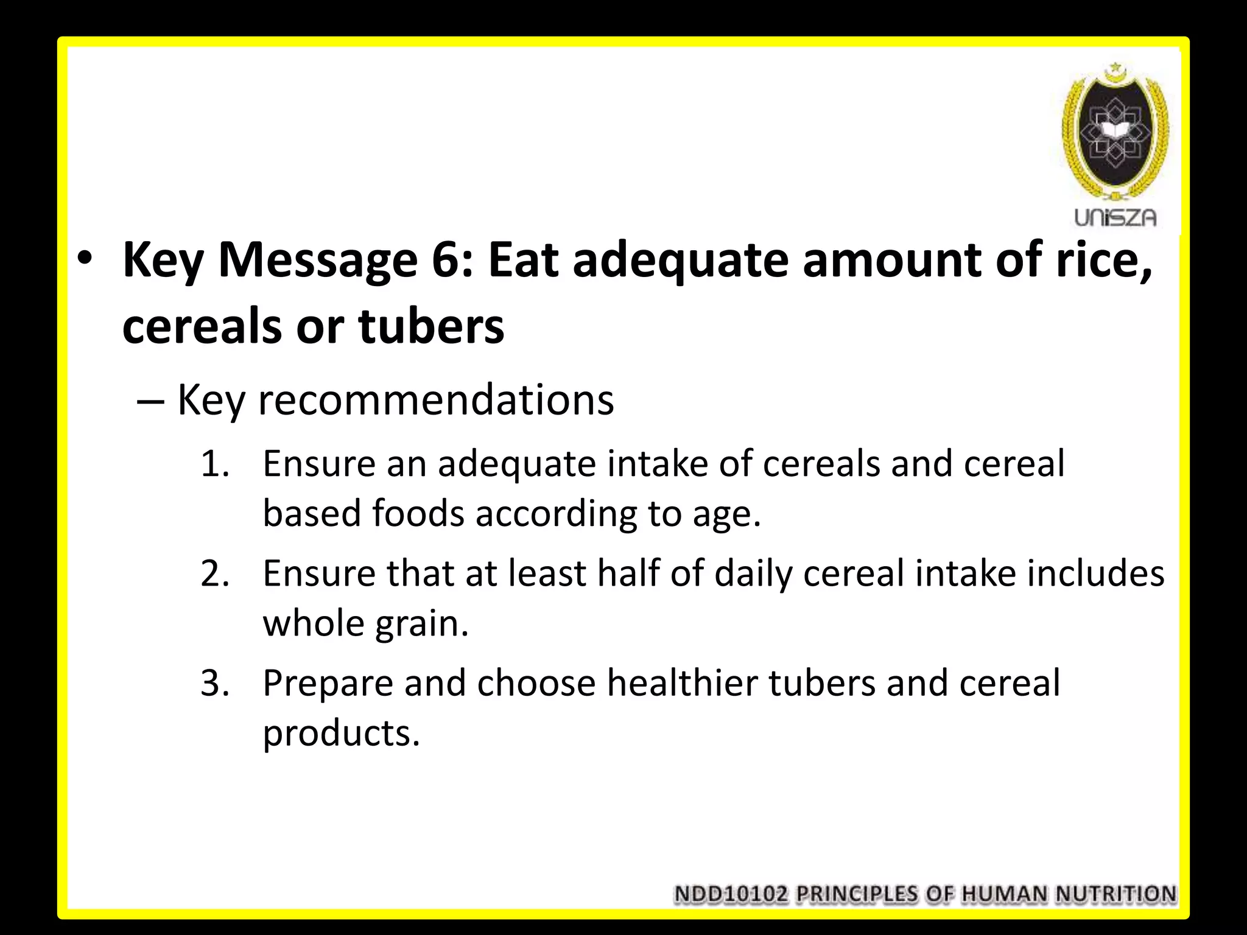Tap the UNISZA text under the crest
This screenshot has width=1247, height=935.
(x=1115, y=217)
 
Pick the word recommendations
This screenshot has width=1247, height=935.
(x=436, y=401)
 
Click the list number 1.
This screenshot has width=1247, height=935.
(x=214, y=464)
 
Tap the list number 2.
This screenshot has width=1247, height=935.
(x=214, y=574)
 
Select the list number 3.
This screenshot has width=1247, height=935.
(x=214, y=684)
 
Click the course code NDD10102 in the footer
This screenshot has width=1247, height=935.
(x=731, y=894)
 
